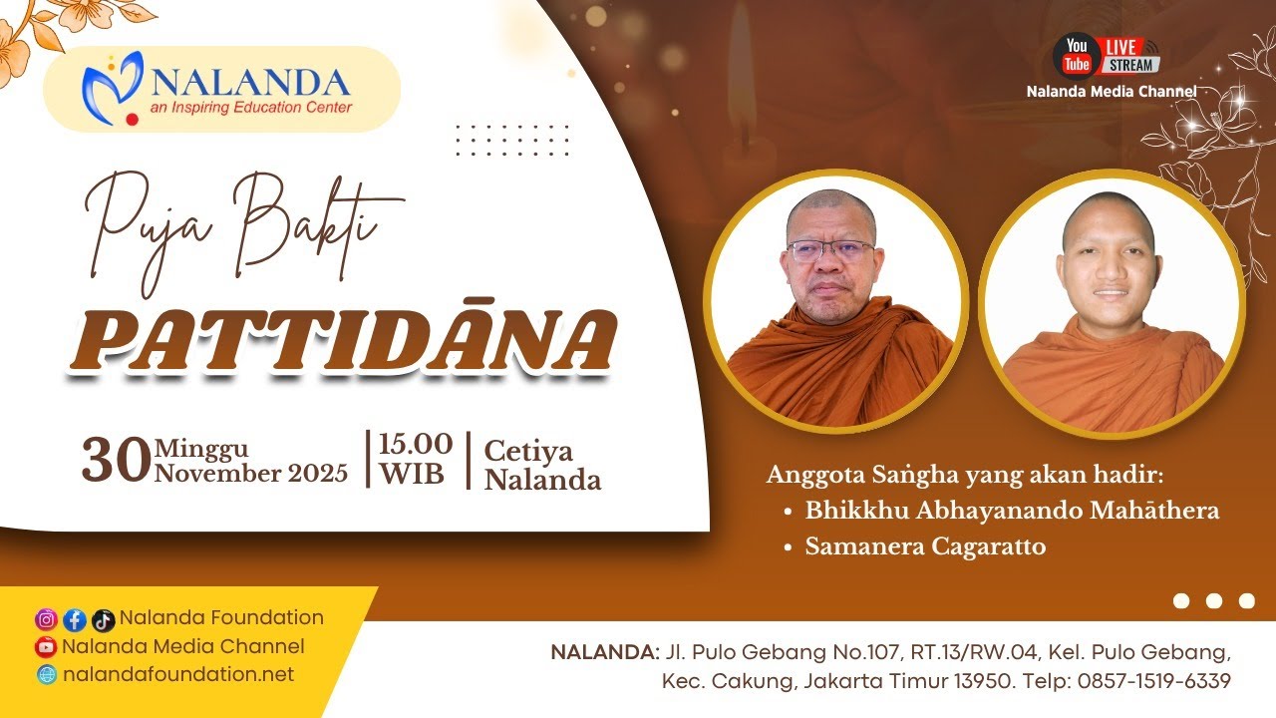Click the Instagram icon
[x=46, y=619]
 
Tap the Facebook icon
[x=75, y=620]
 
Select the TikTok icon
[x=103, y=620]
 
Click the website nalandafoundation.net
[x=178, y=674]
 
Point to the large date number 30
[x=117, y=461]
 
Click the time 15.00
[x=416, y=444]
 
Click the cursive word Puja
[x=150, y=230]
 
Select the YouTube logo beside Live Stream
[x=1076, y=55]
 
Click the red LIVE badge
[x=1121, y=47]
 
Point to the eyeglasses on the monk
[x=831, y=250]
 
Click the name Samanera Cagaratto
[x=925, y=546]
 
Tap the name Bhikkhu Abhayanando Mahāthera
[x=1012, y=510]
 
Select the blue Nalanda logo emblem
[x=113, y=88]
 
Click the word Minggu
[x=201, y=449]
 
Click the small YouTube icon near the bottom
[x=46, y=647]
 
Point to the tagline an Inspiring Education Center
[x=251, y=107]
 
